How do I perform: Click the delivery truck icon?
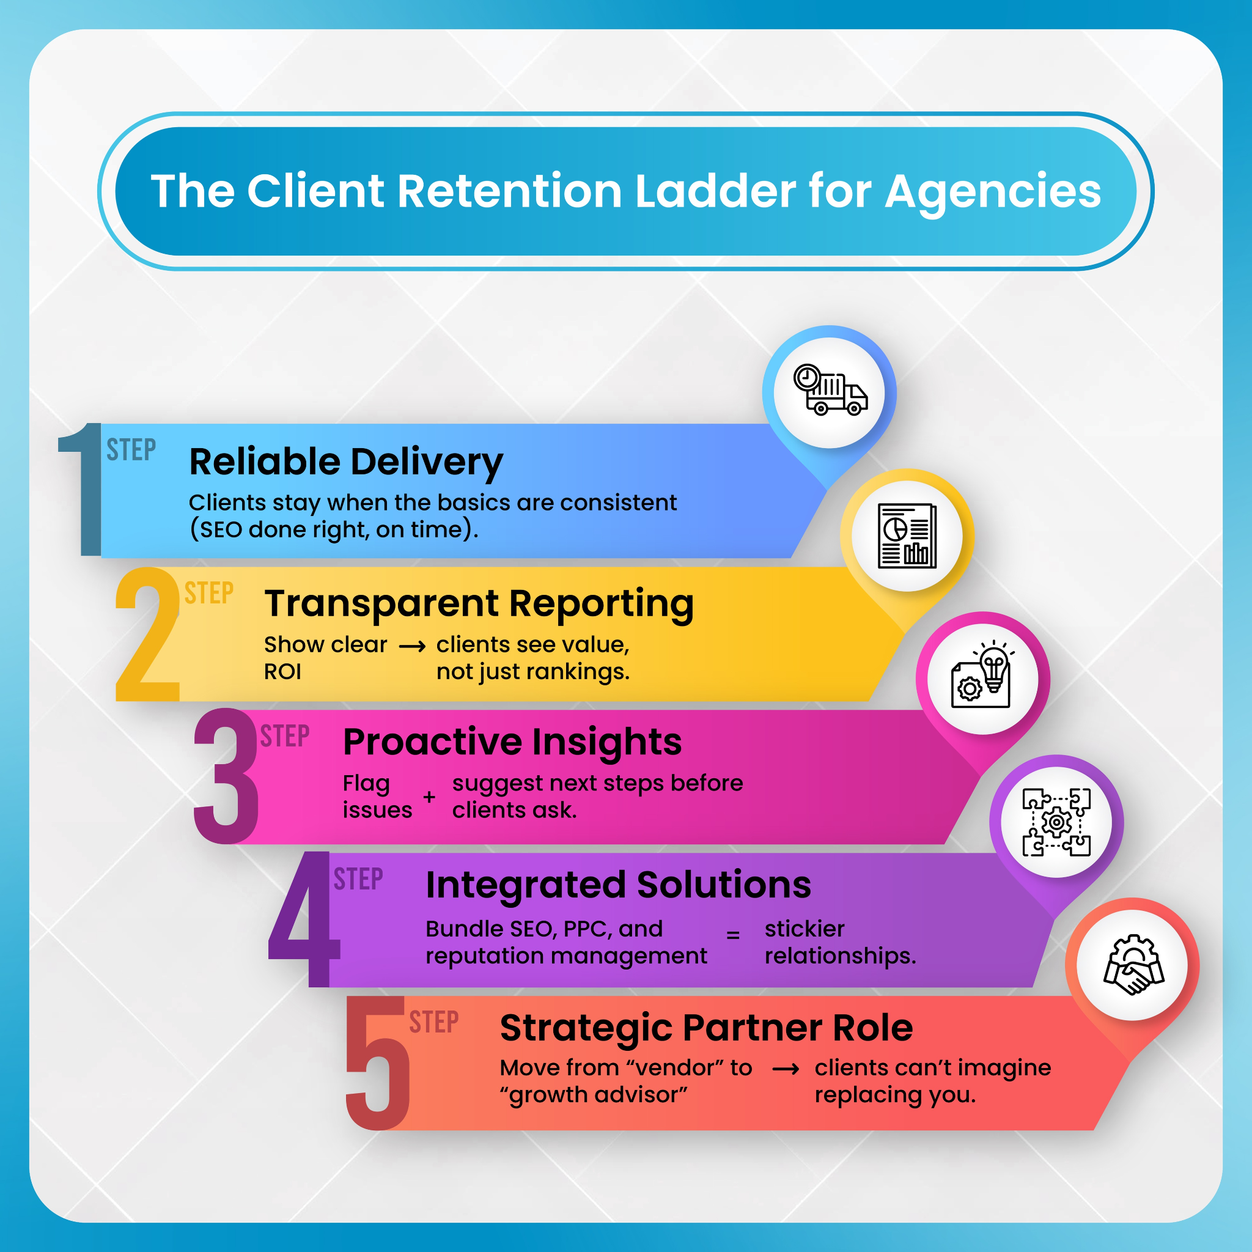coord(830,390)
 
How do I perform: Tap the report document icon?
coord(907,536)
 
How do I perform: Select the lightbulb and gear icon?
coord(982,677)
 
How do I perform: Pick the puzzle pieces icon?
coord(1056,822)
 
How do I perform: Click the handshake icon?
coord(1133,964)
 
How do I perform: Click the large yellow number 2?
coord(148,634)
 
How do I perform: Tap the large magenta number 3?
coord(226,776)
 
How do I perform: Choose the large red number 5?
coord(377,1062)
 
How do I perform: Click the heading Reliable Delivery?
coord(346,462)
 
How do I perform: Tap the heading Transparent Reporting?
coord(479,604)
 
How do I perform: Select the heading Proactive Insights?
coord(512,742)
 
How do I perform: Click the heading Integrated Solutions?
coord(618,885)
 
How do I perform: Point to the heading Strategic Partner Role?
coord(706,1028)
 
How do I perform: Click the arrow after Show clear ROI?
coord(412,647)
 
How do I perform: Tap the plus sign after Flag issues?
coord(429,797)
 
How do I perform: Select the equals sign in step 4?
coord(733,935)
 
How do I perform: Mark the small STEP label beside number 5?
coord(433,1022)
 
